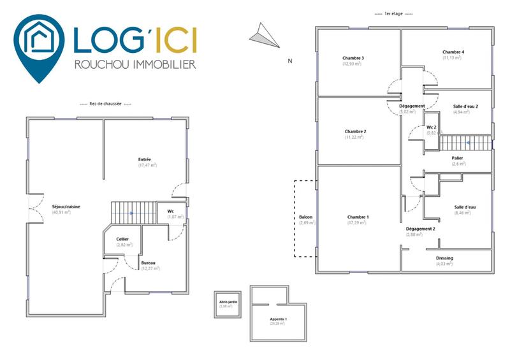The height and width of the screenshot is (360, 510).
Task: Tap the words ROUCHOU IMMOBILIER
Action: point(135,64)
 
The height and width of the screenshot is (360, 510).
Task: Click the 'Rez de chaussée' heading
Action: point(106,104)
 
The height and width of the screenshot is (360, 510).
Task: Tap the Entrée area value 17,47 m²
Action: point(148,165)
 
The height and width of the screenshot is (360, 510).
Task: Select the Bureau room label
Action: point(148,263)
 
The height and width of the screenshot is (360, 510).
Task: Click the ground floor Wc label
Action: point(171,211)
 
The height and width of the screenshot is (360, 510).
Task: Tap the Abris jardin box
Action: point(228,303)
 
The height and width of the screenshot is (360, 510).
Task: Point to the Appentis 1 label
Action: point(278,318)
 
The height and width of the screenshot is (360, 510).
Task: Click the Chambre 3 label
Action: point(353,58)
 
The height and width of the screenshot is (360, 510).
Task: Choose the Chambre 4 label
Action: point(453,52)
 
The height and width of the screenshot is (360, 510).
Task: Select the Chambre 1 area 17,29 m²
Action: point(358,223)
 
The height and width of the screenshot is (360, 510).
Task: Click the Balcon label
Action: point(305,217)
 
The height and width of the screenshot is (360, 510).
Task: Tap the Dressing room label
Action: point(444,258)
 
